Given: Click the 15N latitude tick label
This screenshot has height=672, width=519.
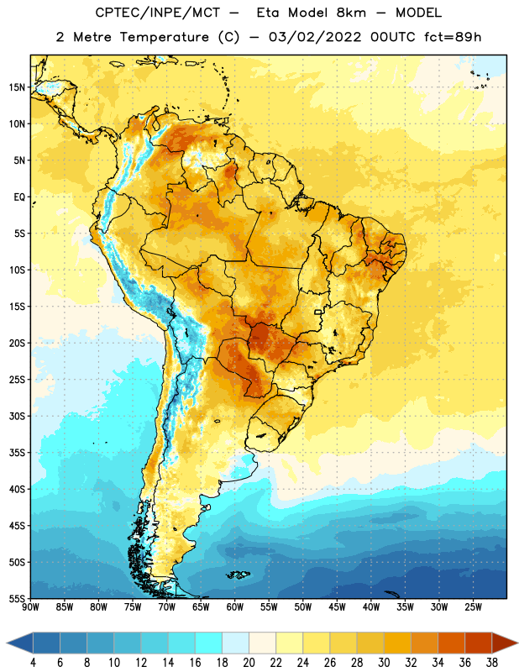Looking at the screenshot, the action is tap(17, 87).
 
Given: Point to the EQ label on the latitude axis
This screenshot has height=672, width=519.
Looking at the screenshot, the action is tap(19, 197).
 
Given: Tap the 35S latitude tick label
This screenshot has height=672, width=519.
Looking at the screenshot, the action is tap(17, 453).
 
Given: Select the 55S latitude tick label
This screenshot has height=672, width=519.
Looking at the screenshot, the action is tap(17, 599).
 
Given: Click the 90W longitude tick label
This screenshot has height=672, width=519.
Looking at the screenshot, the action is tap(30, 606).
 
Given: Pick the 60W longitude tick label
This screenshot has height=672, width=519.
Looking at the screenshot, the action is tap(235, 606).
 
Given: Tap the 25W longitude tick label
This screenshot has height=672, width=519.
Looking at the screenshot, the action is tap(473, 606).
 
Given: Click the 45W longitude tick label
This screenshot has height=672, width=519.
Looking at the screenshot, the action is tap(337, 606).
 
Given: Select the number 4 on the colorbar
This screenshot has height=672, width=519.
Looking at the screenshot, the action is tap(33, 663).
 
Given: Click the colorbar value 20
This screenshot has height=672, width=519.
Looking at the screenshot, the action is tap(249, 663).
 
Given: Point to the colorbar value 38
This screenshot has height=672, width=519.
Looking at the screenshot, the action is tap(492, 663).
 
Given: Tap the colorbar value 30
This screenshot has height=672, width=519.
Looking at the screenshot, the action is tap(384, 663).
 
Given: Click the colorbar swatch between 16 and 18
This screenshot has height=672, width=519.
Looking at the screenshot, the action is tap(209, 643).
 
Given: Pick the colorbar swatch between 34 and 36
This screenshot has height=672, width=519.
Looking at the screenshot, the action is tap(451, 643).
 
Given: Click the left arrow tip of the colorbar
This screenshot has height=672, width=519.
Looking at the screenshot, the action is tap(7, 643).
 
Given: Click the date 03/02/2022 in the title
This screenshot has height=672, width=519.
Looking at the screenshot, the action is tap(315, 37).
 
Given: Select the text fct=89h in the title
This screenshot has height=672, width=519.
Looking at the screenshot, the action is tap(453, 37).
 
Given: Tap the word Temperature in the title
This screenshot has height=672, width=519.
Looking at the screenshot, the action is tap(164, 37).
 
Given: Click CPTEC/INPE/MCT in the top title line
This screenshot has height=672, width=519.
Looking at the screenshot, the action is tap(157, 13).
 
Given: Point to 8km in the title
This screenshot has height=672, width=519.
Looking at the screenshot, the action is tap(351, 13).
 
